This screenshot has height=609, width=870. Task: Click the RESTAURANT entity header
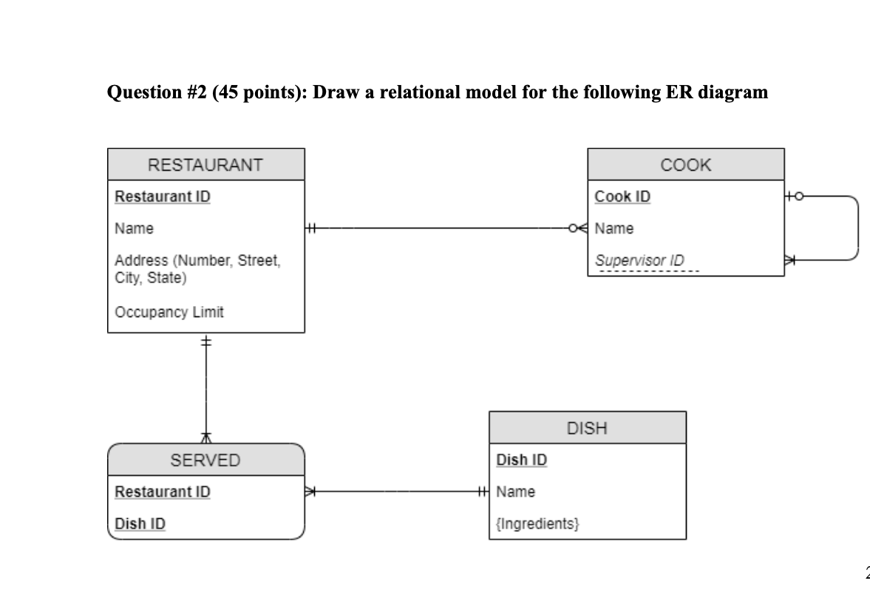tap(205, 164)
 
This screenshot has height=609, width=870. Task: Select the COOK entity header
tap(685, 164)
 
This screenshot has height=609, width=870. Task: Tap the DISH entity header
tap(587, 427)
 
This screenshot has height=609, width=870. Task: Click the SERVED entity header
tap(205, 460)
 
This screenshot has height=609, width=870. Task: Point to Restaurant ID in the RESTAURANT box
tap(163, 197)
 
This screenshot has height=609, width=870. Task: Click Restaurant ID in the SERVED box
tap(163, 491)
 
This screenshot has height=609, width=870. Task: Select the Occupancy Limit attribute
tap(169, 312)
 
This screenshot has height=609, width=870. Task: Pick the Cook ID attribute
tap(622, 197)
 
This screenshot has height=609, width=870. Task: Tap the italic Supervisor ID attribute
tap(639, 260)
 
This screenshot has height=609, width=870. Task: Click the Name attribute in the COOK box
tap(614, 228)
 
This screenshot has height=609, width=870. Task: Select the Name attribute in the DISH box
tap(516, 491)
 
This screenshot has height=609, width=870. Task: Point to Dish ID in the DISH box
tap(522, 460)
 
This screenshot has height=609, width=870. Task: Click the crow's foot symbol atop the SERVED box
tap(206, 438)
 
